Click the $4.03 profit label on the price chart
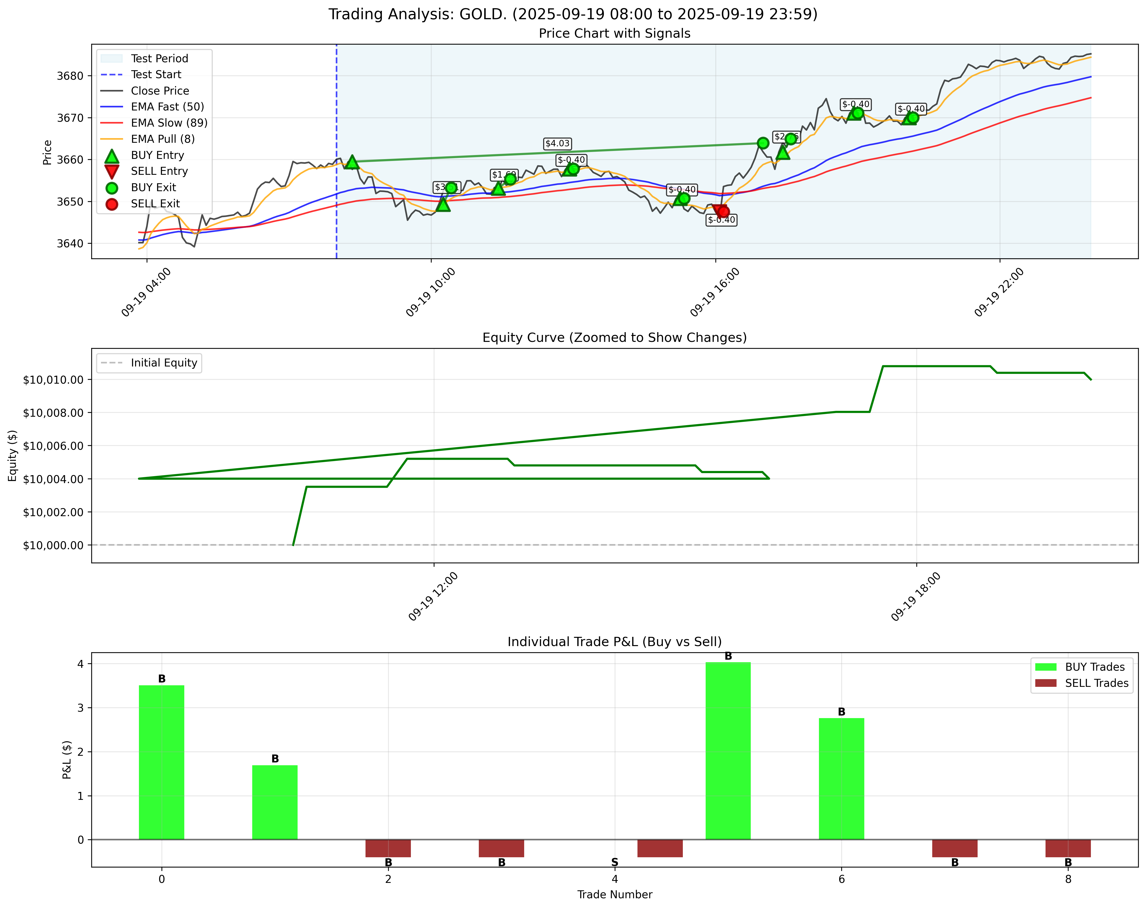(557, 144)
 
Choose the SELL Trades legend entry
(1096, 683)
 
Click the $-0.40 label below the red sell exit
(721, 220)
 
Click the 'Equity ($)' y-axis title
(13, 455)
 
